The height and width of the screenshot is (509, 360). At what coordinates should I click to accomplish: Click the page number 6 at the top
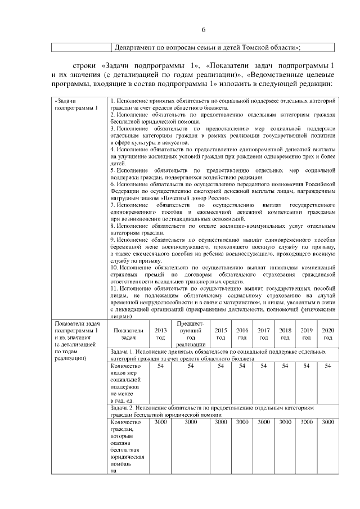[x=204, y=30]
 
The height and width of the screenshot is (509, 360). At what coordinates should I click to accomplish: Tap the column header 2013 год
[x=160, y=334]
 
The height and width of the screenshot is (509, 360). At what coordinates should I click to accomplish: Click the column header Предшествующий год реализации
[x=190, y=334]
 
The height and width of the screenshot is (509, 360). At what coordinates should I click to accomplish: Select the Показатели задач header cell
[x=128, y=334]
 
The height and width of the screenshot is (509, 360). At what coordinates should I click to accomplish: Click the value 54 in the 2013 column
[x=160, y=366]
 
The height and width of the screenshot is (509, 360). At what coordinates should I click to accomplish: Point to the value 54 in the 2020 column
[x=327, y=366]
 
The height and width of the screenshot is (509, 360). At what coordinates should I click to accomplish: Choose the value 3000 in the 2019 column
[x=307, y=421]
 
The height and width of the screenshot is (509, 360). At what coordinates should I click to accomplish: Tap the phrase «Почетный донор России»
[x=178, y=197]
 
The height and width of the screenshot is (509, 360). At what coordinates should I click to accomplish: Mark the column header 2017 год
[x=263, y=334]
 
